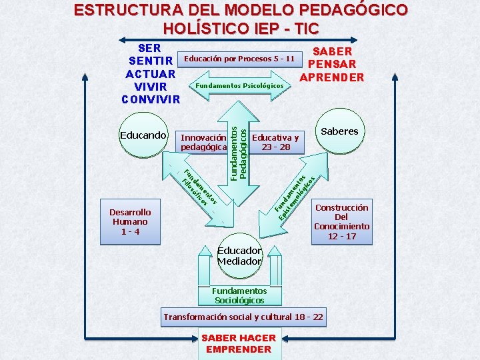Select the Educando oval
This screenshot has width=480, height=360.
pyautogui.click(x=143, y=135)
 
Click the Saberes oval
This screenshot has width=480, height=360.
pyautogui.click(x=339, y=131)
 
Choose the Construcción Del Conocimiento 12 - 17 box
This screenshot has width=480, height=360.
pyautogui.click(x=341, y=222)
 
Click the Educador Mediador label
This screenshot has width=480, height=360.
pyautogui.click(x=239, y=256)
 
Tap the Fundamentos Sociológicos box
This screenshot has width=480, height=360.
pyautogui.click(x=239, y=295)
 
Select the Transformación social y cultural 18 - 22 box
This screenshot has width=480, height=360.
pyautogui.click(x=243, y=317)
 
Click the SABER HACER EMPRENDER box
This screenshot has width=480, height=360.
pyautogui.click(x=239, y=344)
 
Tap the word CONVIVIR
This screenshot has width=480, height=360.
pyautogui.click(x=151, y=100)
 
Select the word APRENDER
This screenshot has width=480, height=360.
pyautogui.click(x=332, y=77)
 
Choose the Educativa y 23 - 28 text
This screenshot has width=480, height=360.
pyautogui.click(x=276, y=141)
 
